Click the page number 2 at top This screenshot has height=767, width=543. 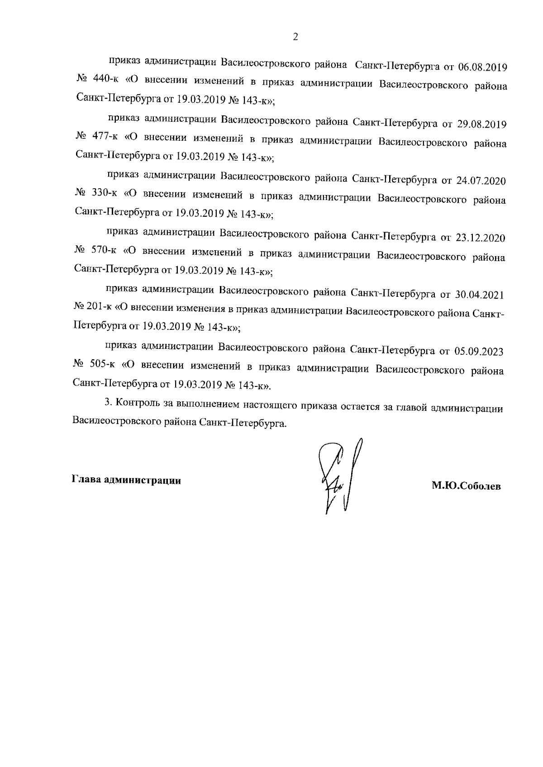[295, 37]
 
